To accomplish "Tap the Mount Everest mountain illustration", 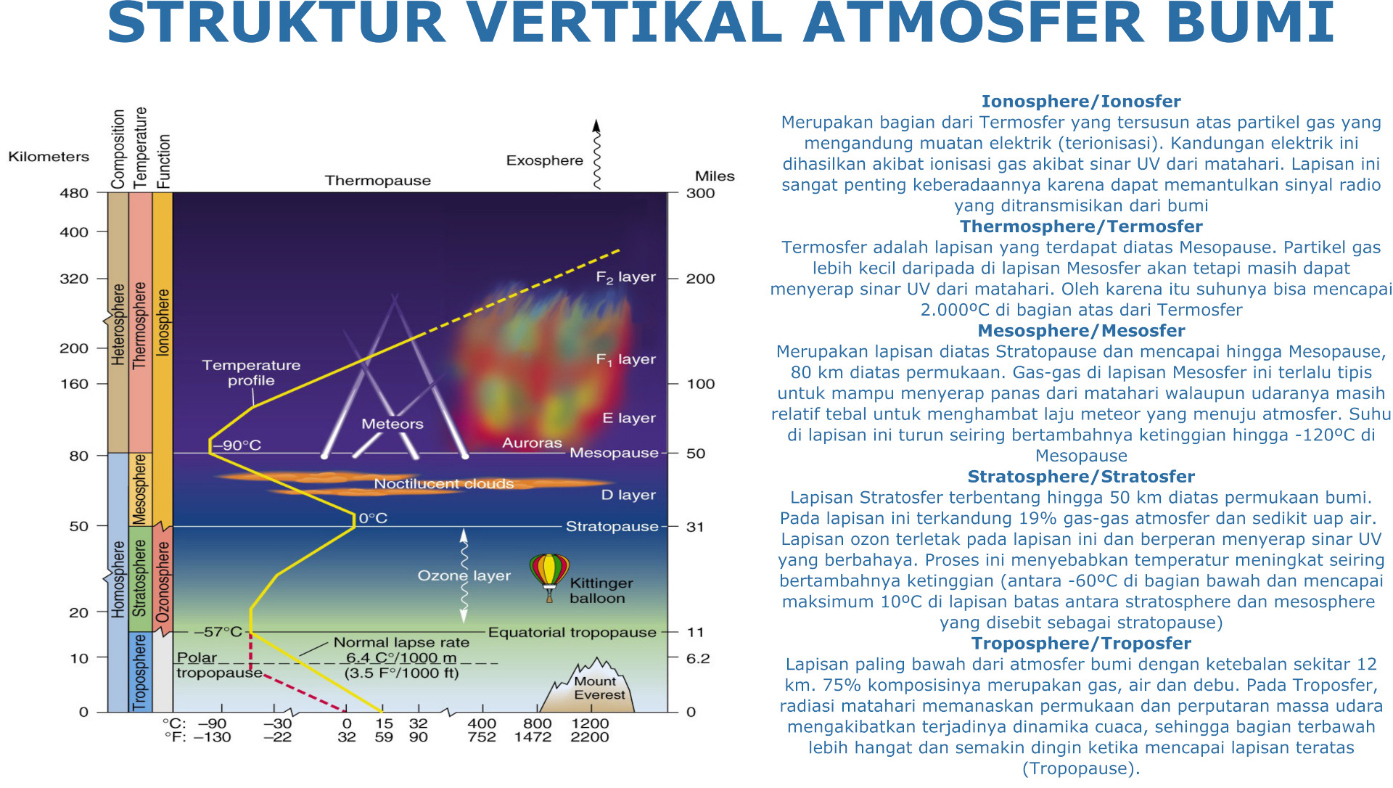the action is point(586,685).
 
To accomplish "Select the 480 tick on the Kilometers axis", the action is point(74,193).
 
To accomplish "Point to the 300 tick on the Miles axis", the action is point(700,193).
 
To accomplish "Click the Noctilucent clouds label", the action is point(443,483).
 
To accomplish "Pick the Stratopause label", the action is point(612,526).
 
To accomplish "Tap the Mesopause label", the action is point(614,453).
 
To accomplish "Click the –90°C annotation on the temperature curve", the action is point(237,445).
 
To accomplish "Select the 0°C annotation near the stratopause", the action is point(373,518).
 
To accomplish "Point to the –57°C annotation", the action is point(218,632).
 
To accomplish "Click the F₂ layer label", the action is point(625,277).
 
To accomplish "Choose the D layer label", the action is point(628,495).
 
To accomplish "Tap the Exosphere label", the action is point(544,160).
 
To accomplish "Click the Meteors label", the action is point(393,424).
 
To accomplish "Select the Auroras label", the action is point(532,443).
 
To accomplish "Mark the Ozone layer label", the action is point(464,575).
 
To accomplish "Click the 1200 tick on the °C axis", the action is point(590,723).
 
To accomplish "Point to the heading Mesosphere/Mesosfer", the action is point(1081,331).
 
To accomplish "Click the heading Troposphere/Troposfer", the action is point(1081,644).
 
